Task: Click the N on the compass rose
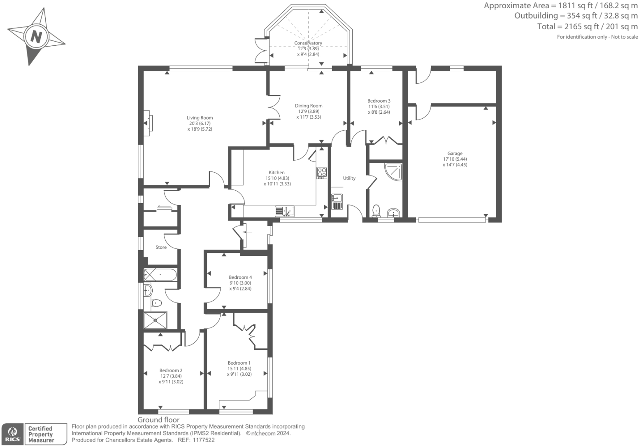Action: [x=36, y=37]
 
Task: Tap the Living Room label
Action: [x=200, y=118]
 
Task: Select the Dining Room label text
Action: [x=309, y=106]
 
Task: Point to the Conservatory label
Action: [x=308, y=43]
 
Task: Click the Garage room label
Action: [x=455, y=154]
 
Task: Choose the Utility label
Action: [x=349, y=178]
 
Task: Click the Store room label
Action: [x=161, y=248]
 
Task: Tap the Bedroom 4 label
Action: [x=240, y=278]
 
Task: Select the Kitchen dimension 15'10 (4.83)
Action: [x=277, y=178]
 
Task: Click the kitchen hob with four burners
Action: [x=322, y=173]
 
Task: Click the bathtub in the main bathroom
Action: [x=160, y=275]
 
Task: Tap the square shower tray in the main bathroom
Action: [x=156, y=320]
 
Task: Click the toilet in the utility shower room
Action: [x=376, y=211]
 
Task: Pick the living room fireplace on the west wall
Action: [x=148, y=123]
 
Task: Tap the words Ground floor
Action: [x=158, y=420]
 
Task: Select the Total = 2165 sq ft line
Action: [x=587, y=26]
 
